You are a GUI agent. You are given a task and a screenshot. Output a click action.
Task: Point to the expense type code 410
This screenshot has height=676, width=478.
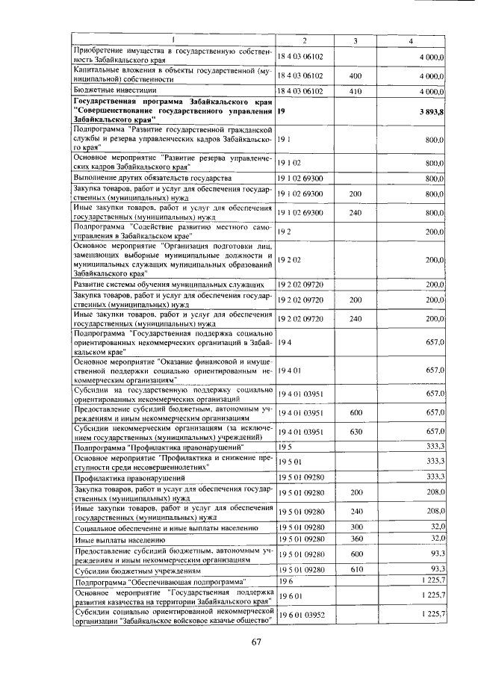click(x=356, y=91)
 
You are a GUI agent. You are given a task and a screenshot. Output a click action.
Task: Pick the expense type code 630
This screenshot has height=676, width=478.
click(x=356, y=432)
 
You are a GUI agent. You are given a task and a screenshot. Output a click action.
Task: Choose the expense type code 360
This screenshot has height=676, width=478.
click(x=356, y=538)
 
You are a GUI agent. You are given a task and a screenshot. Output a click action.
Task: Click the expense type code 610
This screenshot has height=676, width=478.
click(x=356, y=569)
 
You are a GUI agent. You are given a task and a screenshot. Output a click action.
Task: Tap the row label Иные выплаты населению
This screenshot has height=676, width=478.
click(x=119, y=539)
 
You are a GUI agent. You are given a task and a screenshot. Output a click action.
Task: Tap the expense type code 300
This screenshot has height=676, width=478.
click(x=356, y=527)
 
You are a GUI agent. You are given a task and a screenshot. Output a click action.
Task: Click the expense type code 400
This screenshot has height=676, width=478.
click(x=356, y=75)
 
